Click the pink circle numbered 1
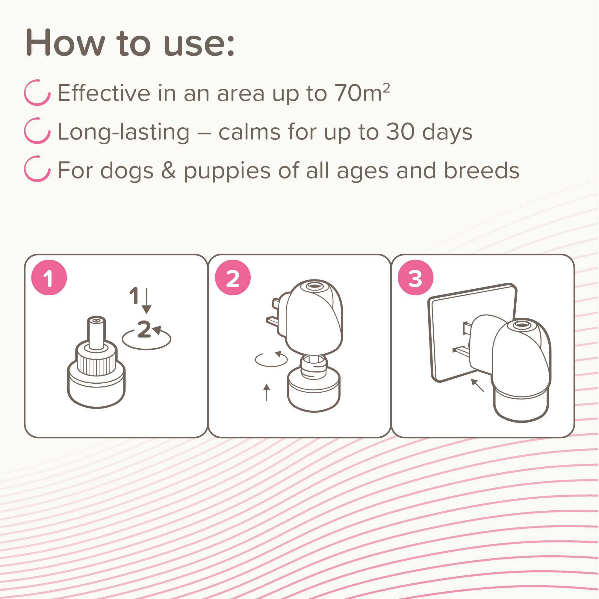(x=49, y=278)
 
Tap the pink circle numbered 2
(x=232, y=278)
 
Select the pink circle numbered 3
(x=415, y=278)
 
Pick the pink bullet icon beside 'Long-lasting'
(x=37, y=131)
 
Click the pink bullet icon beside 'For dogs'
(x=37, y=169)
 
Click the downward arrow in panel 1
(x=147, y=300)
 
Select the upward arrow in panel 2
(x=267, y=392)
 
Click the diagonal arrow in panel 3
(x=477, y=385)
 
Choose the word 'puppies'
(x=227, y=170)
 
